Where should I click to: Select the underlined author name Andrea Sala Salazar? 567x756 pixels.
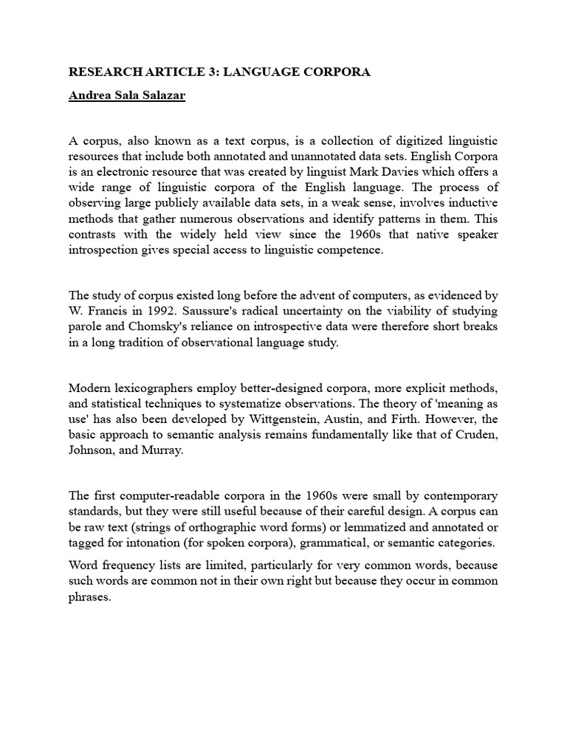pyautogui.click(x=126, y=97)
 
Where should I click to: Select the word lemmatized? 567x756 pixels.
pyautogui.click(x=349, y=528)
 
